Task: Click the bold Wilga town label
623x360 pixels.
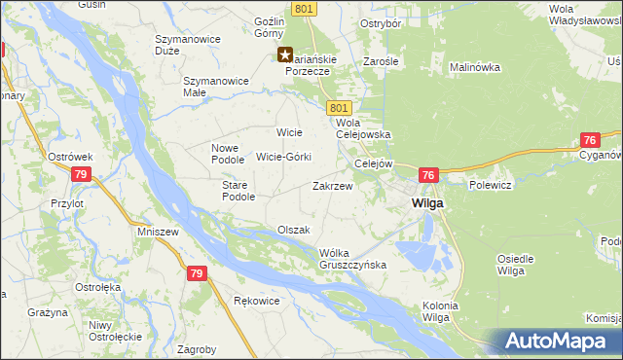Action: (x=427, y=203)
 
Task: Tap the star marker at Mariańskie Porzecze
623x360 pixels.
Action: (x=285, y=55)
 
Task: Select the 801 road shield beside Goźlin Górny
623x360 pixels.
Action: (x=304, y=9)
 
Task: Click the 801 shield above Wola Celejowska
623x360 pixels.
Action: (x=339, y=107)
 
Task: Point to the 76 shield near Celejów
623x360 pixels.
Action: (x=428, y=174)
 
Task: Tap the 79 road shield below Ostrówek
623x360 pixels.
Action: (x=82, y=174)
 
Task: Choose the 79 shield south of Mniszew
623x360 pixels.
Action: (x=197, y=274)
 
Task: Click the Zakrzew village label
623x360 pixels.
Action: (x=332, y=185)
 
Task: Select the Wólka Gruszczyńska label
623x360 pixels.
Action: (x=353, y=259)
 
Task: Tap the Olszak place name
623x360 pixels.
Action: (x=293, y=231)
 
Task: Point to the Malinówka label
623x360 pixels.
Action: (x=474, y=67)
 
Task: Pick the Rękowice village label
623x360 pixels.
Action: (x=257, y=301)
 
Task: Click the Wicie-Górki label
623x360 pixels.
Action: (x=283, y=156)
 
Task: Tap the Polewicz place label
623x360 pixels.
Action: (x=490, y=183)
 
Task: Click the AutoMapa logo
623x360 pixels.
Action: (x=559, y=341)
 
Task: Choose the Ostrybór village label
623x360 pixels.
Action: (x=382, y=22)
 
